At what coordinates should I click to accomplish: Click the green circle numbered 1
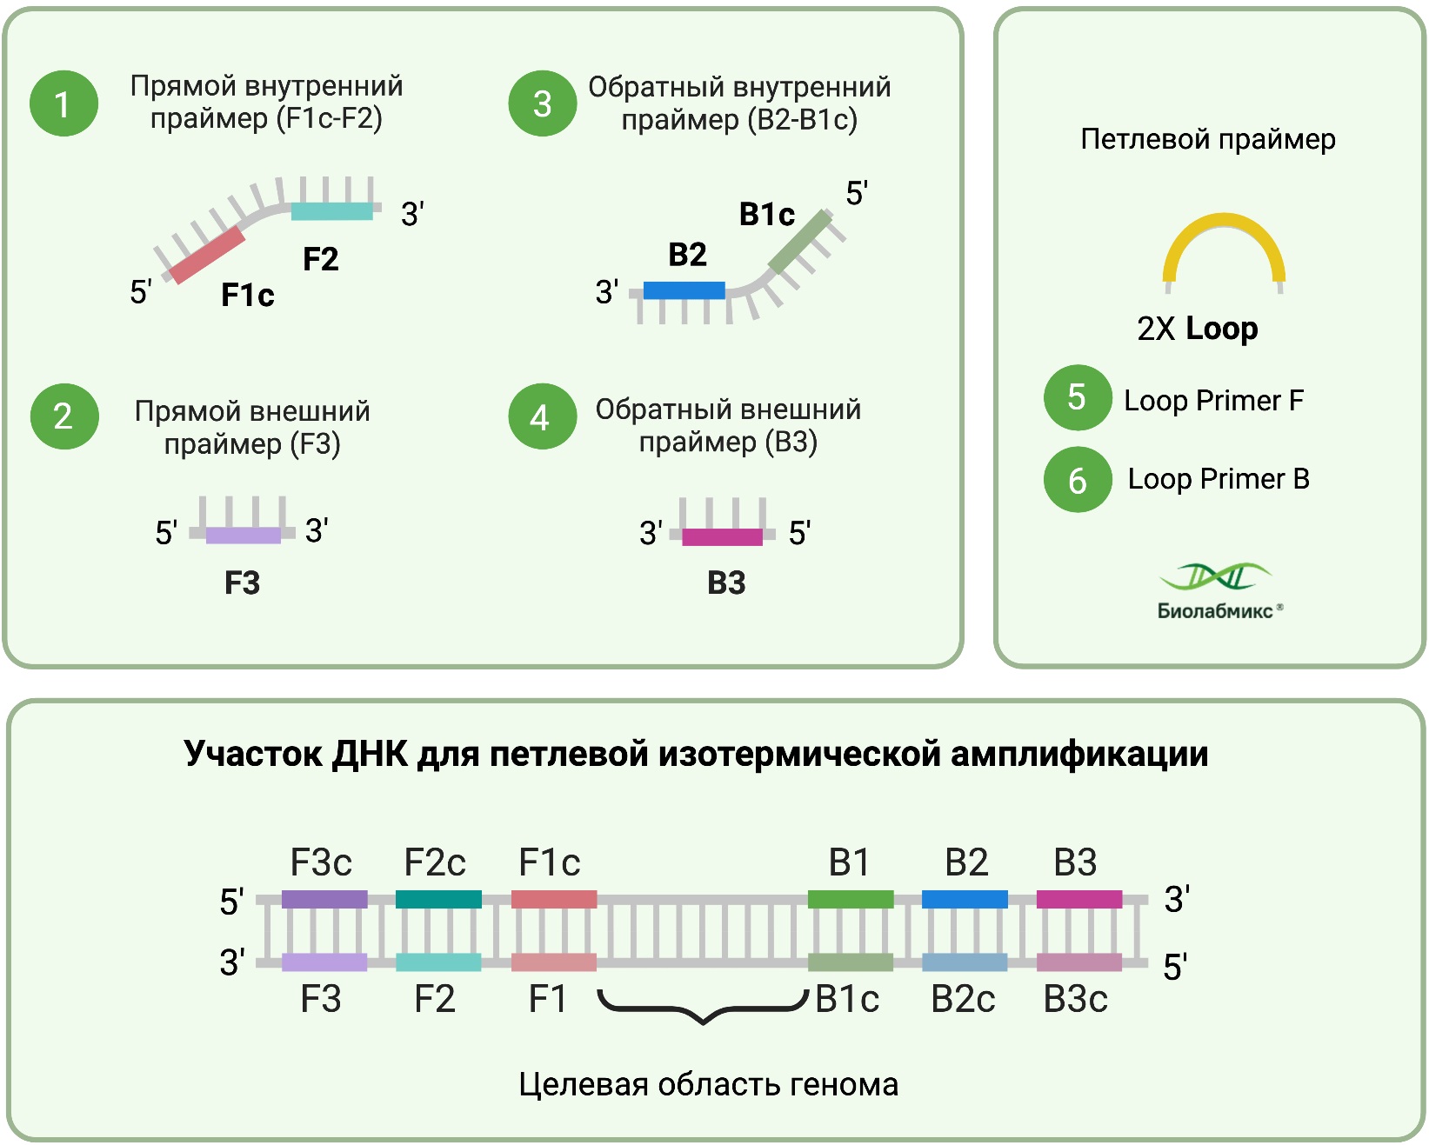(63, 103)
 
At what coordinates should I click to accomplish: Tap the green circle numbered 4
(542, 416)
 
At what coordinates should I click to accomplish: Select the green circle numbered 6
(1078, 480)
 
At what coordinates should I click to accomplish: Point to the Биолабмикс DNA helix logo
(1215, 576)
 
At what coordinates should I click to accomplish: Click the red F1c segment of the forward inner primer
(208, 255)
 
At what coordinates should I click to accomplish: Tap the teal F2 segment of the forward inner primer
(331, 210)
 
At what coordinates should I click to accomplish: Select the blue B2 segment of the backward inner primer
(684, 290)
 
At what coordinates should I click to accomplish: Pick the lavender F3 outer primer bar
(244, 535)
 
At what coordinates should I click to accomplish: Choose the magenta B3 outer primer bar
(722, 536)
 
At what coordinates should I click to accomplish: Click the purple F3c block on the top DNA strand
(324, 899)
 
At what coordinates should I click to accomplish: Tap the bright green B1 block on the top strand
(850, 899)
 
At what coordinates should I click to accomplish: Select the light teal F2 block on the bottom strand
(438, 962)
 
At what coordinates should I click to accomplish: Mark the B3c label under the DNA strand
(1076, 1000)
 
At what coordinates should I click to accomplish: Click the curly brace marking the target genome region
(703, 1011)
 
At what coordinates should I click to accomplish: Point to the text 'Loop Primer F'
(1213, 401)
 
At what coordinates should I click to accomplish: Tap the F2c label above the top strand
(435, 862)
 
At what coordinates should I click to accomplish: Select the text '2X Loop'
(1198, 329)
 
